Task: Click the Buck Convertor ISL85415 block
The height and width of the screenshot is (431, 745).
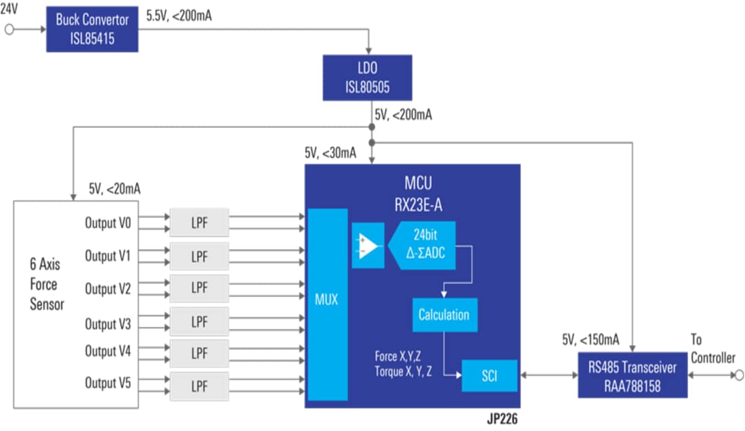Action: (92, 30)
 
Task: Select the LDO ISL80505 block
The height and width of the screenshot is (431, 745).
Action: (367, 78)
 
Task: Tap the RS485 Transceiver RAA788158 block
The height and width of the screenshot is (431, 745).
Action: (632, 375)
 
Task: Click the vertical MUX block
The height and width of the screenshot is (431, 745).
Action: (328, 304)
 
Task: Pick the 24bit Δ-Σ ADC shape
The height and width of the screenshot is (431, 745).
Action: (427, 244)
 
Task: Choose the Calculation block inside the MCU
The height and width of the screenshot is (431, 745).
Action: (444, 315)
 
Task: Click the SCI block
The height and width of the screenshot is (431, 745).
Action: (489, 376)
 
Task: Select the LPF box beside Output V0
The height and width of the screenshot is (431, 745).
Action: (199, 223)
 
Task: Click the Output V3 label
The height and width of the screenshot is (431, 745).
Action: (108, 323)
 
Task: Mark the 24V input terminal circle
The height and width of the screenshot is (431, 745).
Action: (9, 30)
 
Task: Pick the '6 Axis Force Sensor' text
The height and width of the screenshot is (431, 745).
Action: (47, 284)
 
